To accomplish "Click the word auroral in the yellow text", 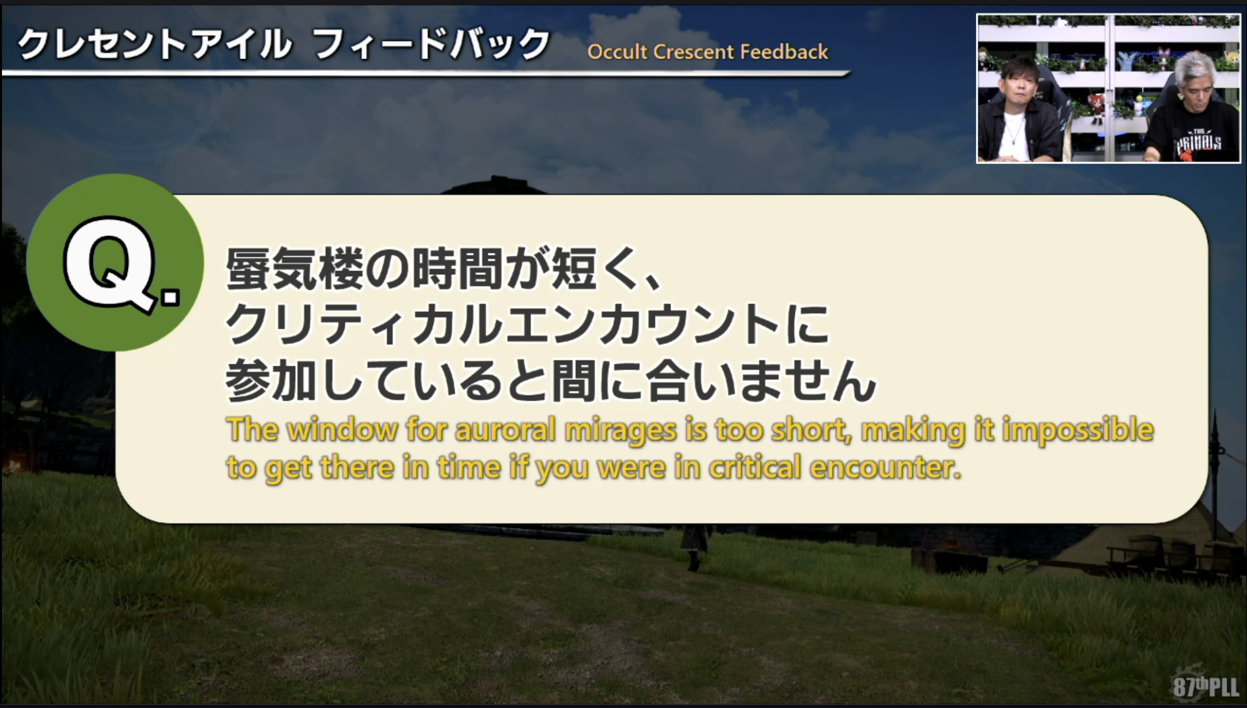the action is (x=505, y=430).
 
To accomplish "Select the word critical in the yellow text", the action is (x=754, y=467).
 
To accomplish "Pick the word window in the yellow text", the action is (x=342, y=430).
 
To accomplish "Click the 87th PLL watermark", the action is (x=1204, y=686).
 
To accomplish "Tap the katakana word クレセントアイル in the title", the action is (x=154, y=44).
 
